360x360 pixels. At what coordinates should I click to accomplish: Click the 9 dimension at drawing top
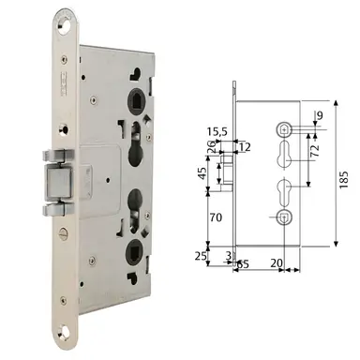(x=319, y=116)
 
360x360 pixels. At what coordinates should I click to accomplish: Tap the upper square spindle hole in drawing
(x=282, y=127)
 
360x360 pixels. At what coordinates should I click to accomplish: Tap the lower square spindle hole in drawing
(x=282, y=218)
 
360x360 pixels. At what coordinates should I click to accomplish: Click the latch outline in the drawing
(x=226, y=172)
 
